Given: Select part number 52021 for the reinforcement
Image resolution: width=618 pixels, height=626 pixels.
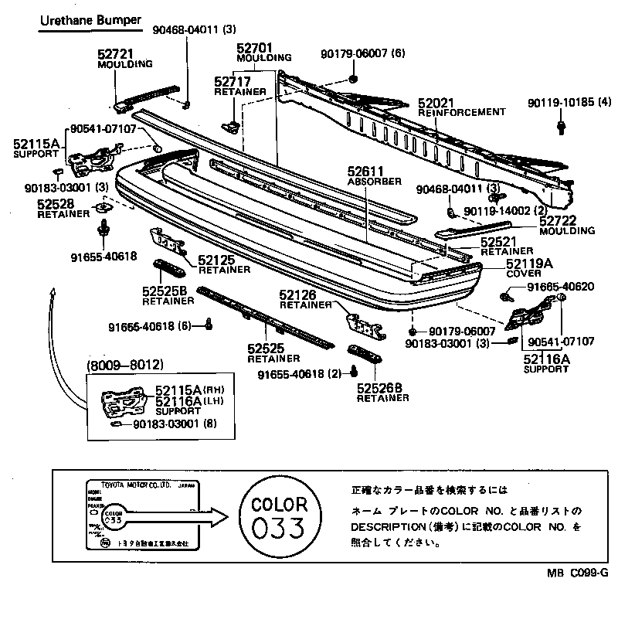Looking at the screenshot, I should pyautogui.click(x=436, y=103).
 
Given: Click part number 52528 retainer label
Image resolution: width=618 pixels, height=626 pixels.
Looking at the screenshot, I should pyautogui.click(x=56, y=203).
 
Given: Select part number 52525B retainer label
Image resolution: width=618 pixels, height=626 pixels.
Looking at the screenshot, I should pyautogui.click(x=165, y=291).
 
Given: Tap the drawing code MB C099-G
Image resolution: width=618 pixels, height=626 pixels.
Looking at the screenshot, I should pyautogui.click(x=579, y=573).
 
